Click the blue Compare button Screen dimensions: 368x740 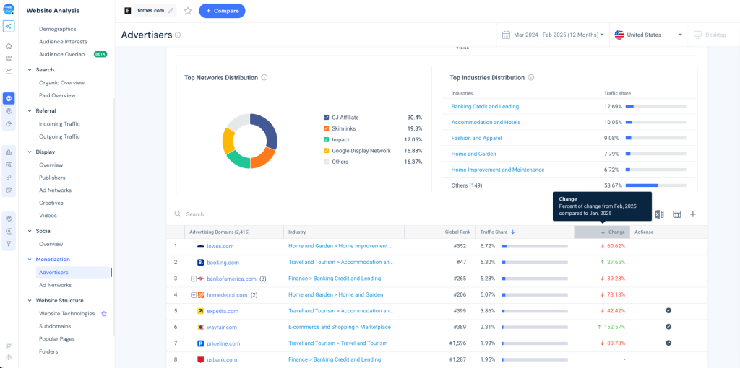click(x=222, y=11)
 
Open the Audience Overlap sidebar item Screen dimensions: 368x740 click(x=61, y=54)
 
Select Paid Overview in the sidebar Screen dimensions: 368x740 click(x=57, y=95)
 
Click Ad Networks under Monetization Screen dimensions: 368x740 click(x=55, y=285)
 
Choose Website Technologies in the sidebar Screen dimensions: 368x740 click(x=66, y=314)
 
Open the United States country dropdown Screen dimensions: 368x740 click(x=648, y=35)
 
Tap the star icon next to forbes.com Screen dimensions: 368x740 click(x=188, y=11)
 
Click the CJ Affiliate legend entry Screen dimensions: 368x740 click(x=345, y=118)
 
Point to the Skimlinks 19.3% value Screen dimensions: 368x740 click(x=415, y=128)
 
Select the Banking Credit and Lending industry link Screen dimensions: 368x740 click(x=485, y=106)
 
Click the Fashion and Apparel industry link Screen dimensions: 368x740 click(x=476, y=138)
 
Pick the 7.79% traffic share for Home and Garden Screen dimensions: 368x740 click(x=613, y=154)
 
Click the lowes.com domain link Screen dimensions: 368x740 click(x=220, y=246)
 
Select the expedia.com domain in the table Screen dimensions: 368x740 click(x=223, y=311)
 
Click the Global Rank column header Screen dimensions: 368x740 click(x=457, y=232)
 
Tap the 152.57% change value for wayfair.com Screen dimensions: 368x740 click(x=614, y=327)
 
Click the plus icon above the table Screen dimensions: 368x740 click(x=692, y=214)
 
